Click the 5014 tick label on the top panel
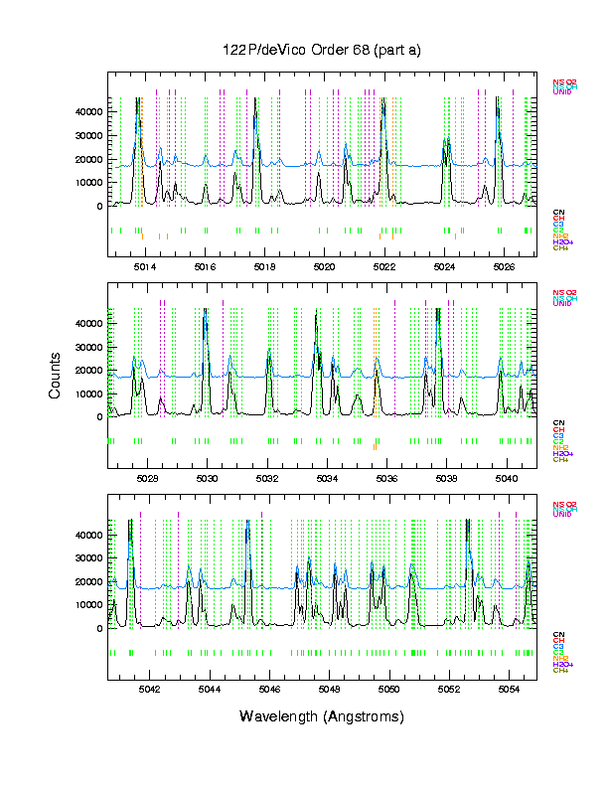tap(145, 267)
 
